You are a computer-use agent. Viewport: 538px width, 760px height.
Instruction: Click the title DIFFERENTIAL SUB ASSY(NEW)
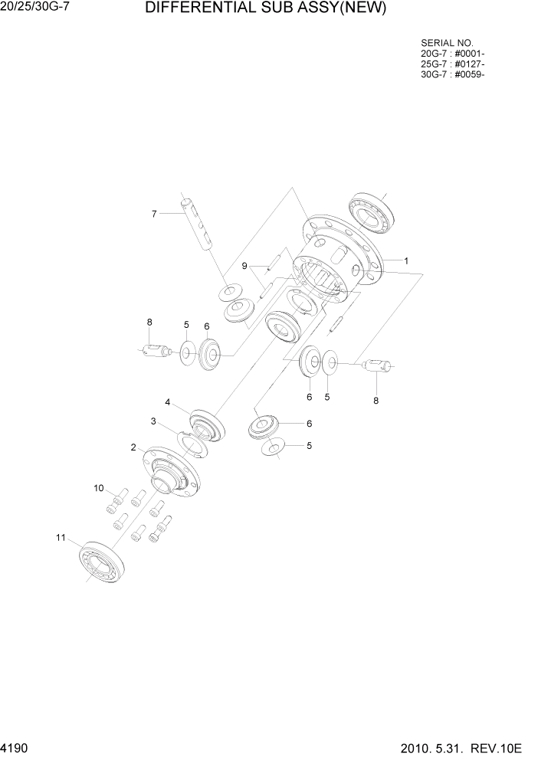[x=264, y=9]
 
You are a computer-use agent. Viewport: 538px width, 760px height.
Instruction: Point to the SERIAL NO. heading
[x=447, y=42]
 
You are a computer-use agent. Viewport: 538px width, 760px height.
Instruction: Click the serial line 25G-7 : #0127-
[x=452, y=64]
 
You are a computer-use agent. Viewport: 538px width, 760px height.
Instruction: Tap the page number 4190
[x=17, y=745]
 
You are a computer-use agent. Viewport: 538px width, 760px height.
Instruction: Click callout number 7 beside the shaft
[x=154, y=214]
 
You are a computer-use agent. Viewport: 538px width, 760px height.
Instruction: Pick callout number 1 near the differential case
[x=406, y=260]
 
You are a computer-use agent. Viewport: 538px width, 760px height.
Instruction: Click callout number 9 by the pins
[x=244, y=266]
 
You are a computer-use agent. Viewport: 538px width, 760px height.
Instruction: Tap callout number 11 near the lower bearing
[x=60, y=537]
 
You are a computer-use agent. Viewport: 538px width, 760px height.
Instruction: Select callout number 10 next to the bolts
[x=98, y=487]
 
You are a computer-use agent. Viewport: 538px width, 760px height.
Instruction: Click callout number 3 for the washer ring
[x=153, y=421]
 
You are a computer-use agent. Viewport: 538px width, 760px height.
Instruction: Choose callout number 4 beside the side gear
[x=167, y=401]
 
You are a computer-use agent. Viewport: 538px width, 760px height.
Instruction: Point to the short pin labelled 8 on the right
[x=377, y=366]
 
